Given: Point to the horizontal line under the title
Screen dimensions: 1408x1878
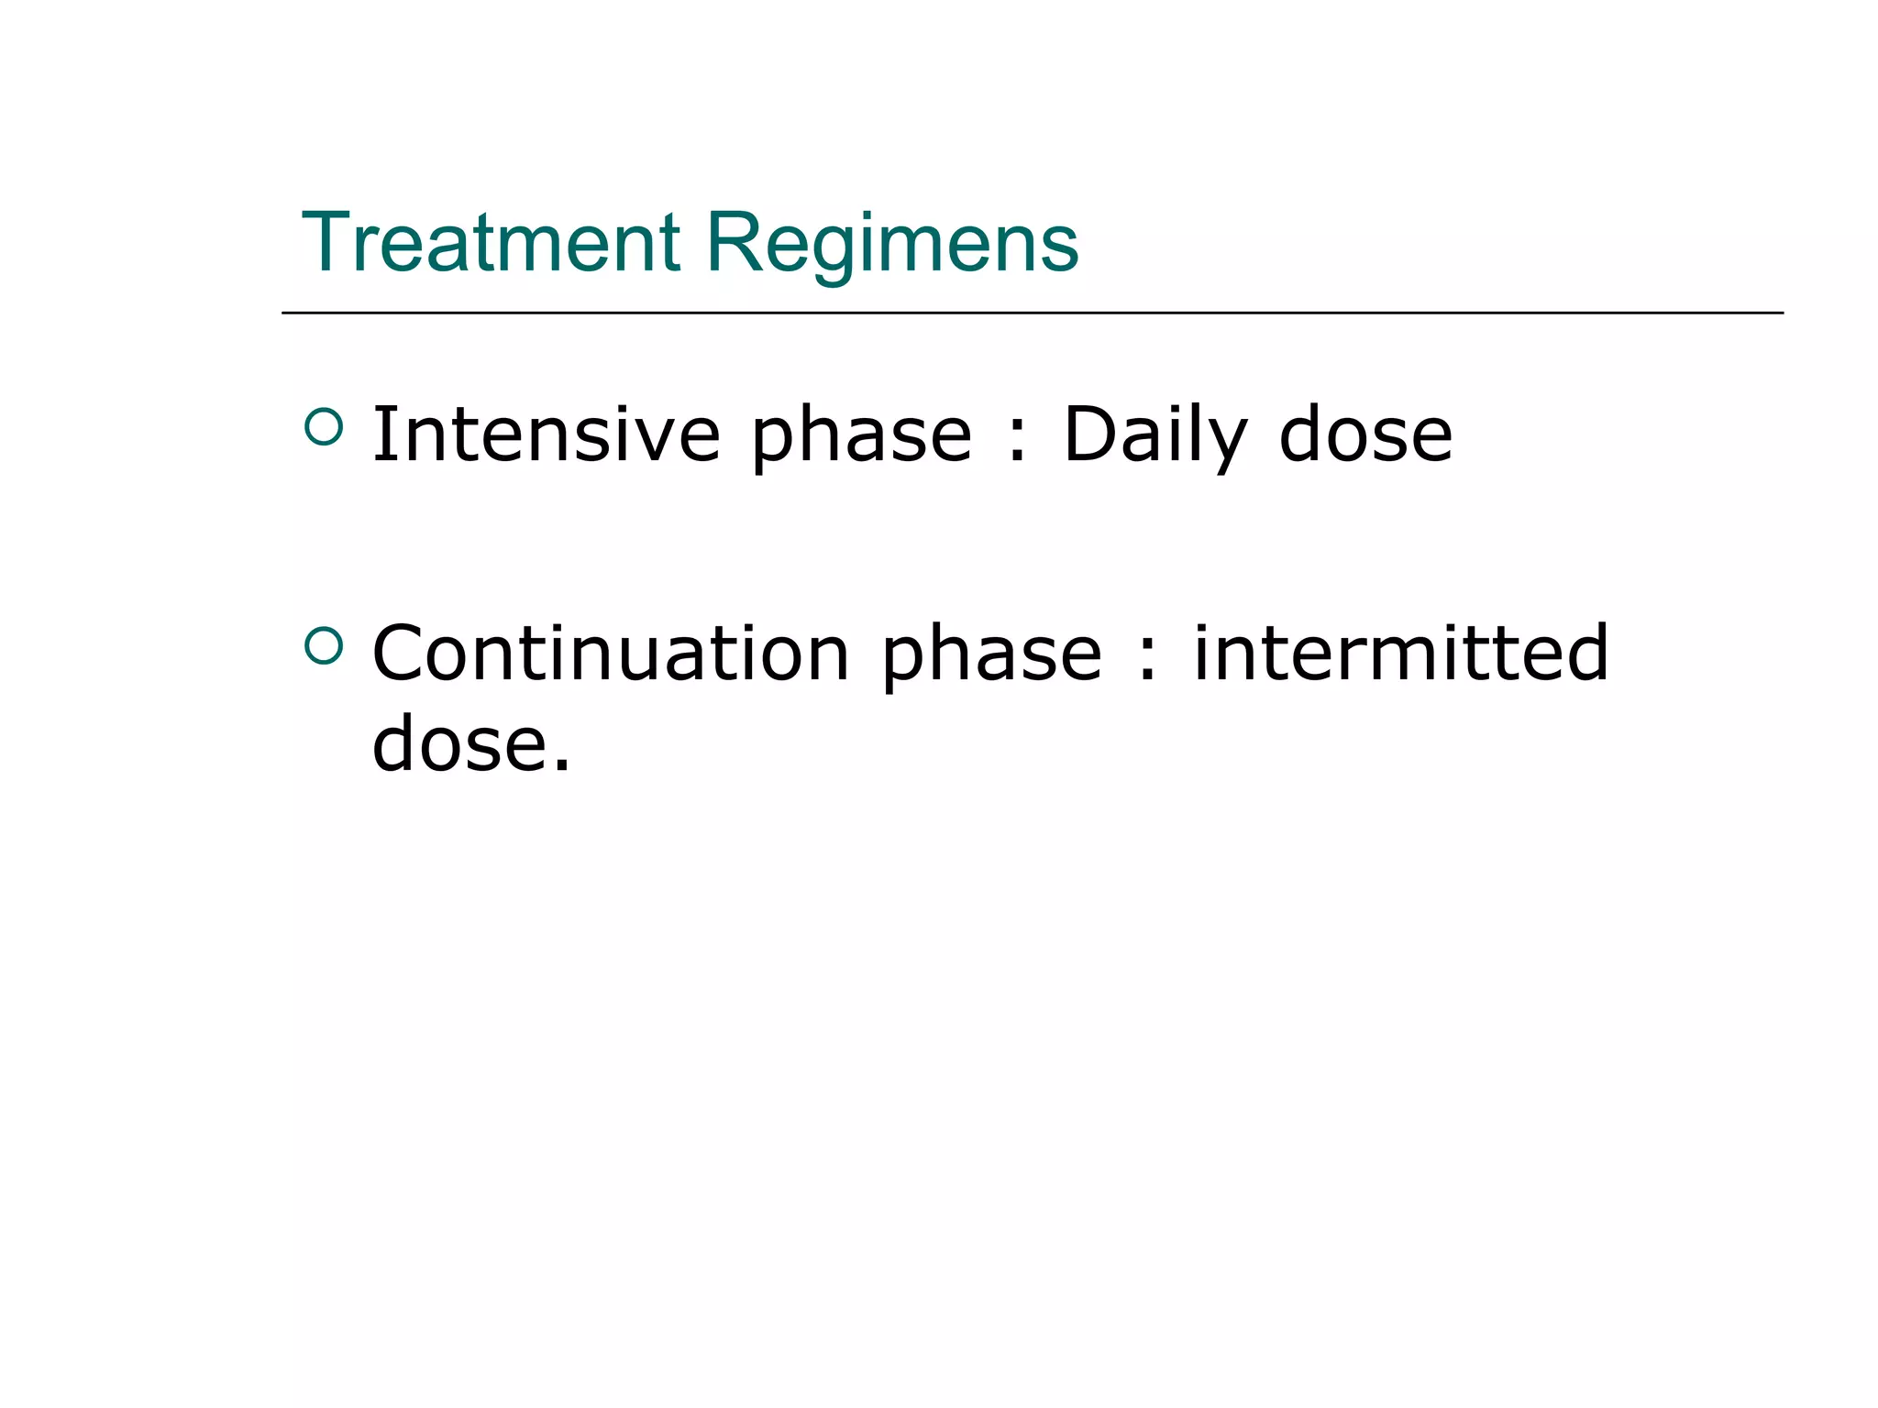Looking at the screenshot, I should [1032, 313].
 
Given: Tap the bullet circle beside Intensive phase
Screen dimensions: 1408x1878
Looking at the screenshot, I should [323, 426].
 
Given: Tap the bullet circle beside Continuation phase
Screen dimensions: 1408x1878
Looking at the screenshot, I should [323, 645].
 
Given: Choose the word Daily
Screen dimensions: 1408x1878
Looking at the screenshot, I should [1154, 435].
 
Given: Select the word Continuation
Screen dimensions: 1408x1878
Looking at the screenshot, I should [611, 653].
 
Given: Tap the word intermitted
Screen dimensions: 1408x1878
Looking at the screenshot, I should [1400, 653].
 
